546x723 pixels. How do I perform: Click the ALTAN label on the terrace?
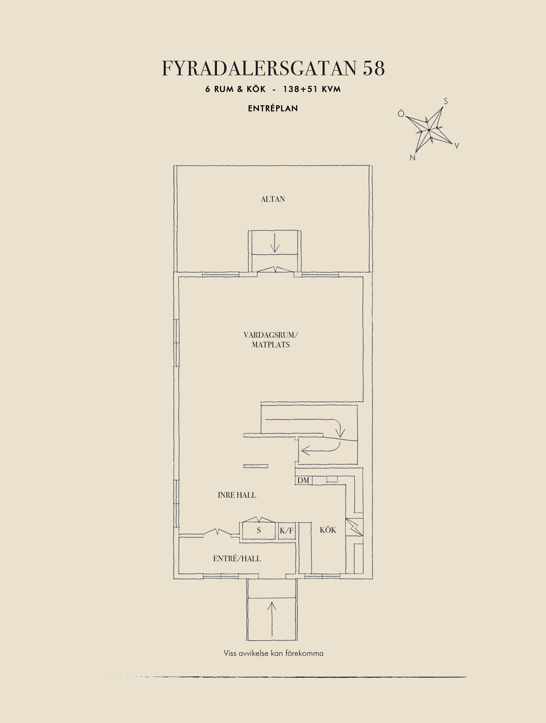[x=273, y=199]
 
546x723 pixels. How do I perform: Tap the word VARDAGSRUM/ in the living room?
[x=271, y=335]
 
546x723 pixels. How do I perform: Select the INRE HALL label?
[x=237, y=495]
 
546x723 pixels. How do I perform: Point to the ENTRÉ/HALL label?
[x=237, y=559]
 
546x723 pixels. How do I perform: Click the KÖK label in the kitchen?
[x=328, y=530]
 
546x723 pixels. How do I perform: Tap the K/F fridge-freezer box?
[x=287, y=531]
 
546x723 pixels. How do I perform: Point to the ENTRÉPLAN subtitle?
[x=273, y=108]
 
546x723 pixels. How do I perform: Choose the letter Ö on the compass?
[x=401, y=114]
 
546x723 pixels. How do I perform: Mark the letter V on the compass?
[x=457, y=146]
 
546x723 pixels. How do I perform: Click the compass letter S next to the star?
[x=446, y=101]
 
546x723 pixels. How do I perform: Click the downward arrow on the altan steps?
[x=275, y=243]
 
